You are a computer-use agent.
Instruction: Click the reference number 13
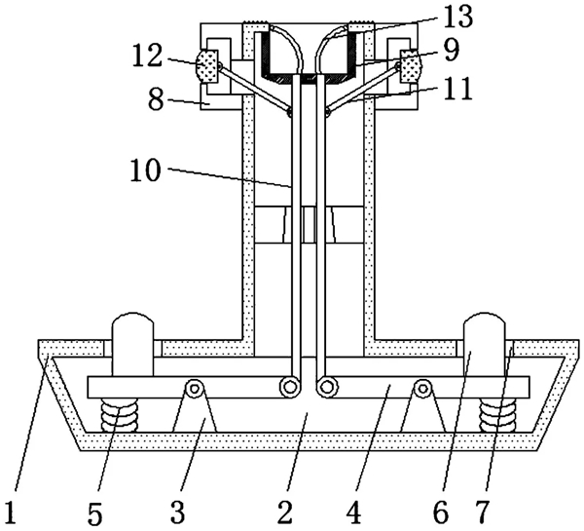pos(456,17)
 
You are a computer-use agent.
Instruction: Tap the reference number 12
pos(148,57)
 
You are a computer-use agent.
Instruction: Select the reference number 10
pos(146,171)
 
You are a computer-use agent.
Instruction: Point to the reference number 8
pos(156,99)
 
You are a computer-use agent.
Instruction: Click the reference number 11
pos(456,89)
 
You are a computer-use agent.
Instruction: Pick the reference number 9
pos(452,51)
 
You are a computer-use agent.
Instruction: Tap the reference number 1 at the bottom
pos(11,513)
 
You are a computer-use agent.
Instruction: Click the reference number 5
pos(95,514)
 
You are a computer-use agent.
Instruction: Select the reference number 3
pos(178,512)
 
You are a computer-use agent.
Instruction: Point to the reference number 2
pos(285,512)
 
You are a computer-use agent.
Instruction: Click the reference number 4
pos(354,512)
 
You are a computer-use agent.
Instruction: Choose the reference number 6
pos(441,512)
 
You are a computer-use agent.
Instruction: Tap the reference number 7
pos(482,512)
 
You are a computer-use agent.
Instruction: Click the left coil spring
pos(119,415)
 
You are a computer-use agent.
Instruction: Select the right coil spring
pos(497,415)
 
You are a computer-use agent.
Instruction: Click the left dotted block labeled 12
pos(206,67)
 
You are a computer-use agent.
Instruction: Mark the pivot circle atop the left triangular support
pos(194,389)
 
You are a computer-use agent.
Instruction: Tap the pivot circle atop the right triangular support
pos(422,389)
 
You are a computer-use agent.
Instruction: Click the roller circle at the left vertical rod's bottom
pos(289,387)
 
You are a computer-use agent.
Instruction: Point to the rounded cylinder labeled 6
pos(484,344)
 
